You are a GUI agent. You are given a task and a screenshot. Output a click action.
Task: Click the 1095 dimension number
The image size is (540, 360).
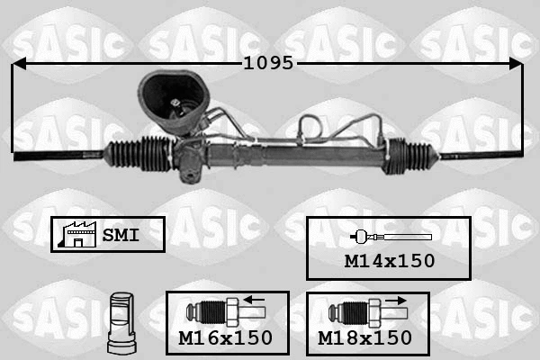[x=269, y=64]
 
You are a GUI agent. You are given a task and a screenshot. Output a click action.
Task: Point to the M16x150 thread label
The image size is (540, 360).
[x=226, y=338]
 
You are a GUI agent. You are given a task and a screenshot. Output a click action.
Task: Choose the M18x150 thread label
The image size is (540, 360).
[x=365, y=338]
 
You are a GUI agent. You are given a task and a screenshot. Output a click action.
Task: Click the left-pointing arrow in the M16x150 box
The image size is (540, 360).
[x=254, y=300]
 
